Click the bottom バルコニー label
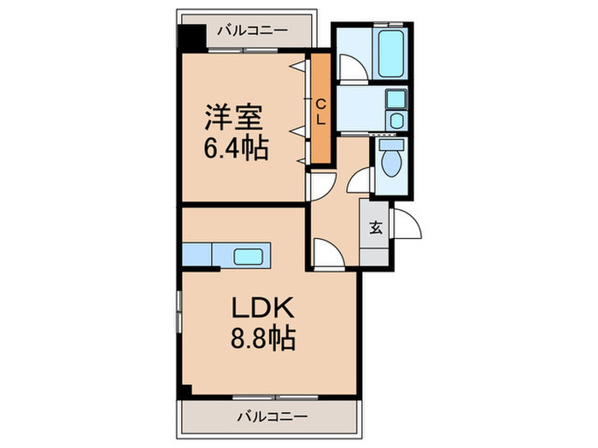pos(271,416)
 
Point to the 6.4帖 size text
pos(235,149)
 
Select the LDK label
pos(261,310)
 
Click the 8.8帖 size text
pos(261,340)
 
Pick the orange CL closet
pos(320,109)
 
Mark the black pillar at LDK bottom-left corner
pos(185,390)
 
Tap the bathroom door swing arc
pos(350,67)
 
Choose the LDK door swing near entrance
pos(327,253)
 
